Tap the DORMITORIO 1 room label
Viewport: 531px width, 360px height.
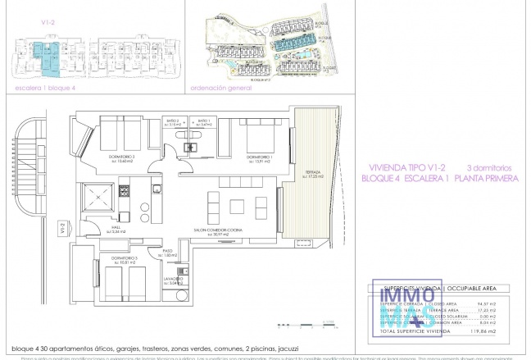[261, 156]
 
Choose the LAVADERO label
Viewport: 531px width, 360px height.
[171, 278]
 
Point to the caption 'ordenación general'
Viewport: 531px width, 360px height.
[220, 84]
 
